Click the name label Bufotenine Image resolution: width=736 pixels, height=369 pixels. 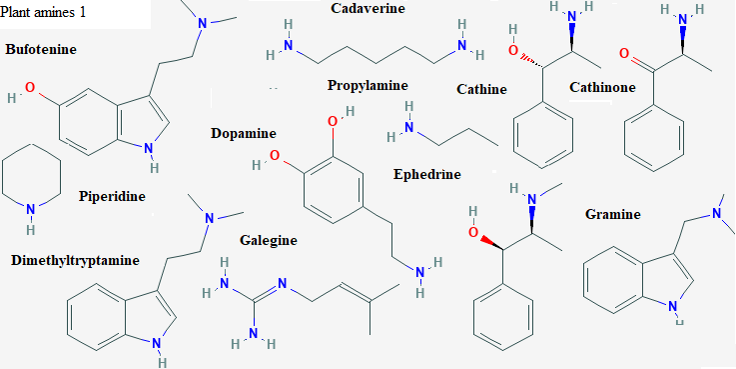point(41,49)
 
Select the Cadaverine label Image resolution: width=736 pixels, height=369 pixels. point(368,8)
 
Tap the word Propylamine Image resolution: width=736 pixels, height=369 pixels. point(368,86)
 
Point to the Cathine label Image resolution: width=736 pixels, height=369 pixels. point(481,89)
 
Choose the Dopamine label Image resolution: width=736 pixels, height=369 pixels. point(243,133)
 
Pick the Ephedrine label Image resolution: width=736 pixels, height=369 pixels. point(427,174)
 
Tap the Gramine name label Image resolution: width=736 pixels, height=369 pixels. point(612,214)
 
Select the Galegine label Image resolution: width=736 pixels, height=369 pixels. point(269,240)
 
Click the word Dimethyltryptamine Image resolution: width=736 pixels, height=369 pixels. point(75,260)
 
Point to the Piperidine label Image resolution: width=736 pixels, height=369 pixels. point(112,196)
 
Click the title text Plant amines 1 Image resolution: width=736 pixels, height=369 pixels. point(43,12)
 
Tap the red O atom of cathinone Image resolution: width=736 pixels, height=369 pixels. point(624,53)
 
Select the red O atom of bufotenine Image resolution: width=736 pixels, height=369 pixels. point(30,87)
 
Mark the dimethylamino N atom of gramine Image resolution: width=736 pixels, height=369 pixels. point(717,213)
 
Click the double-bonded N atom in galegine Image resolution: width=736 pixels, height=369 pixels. point(282,283)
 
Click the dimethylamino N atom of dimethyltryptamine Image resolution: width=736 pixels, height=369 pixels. point(210,219)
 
